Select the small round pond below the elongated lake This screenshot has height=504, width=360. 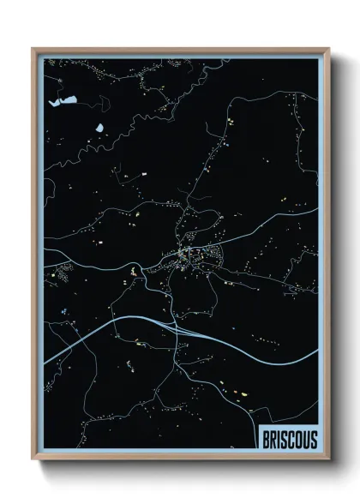point(99,128)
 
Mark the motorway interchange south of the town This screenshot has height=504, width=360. point(175,327)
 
